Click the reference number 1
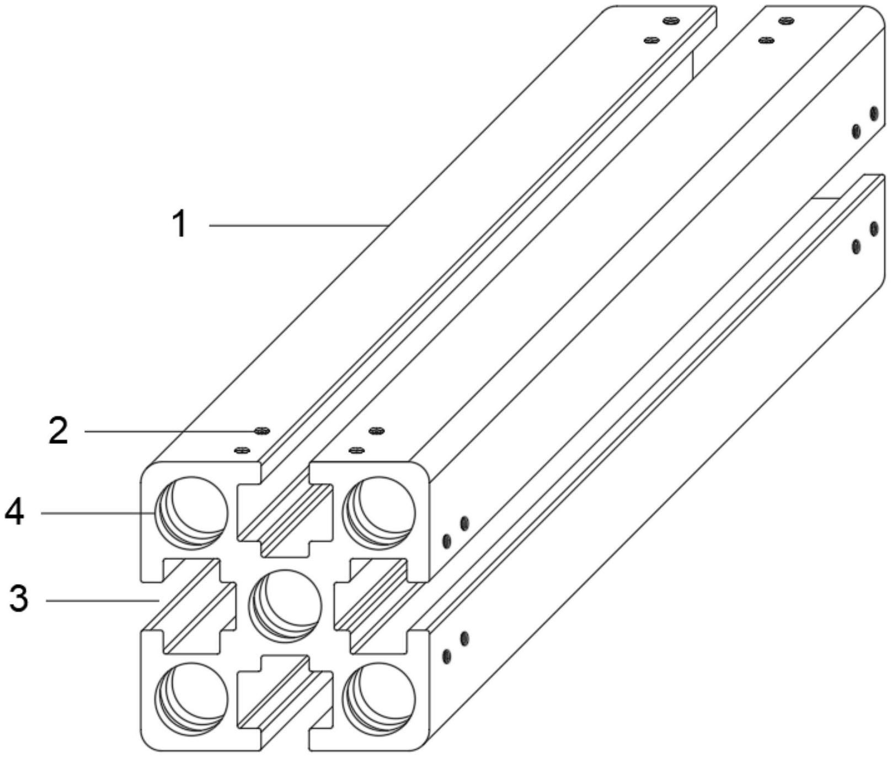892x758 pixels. (180, 224)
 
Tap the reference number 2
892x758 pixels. (58, 431)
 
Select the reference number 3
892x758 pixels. (19, 599)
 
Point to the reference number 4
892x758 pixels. (15, 512)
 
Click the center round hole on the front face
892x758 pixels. (285, 606)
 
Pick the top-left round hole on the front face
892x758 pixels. (191, 513)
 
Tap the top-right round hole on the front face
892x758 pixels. (378, 513)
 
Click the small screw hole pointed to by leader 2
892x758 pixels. (261, 431)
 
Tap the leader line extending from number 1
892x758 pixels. (300, 225)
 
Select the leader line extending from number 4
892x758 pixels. (98, 513)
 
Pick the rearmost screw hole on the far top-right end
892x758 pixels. (786, 21)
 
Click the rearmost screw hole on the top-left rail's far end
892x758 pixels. (671, 21)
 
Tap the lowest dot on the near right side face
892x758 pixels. (447, 656)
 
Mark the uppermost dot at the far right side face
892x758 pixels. (873, 114)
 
